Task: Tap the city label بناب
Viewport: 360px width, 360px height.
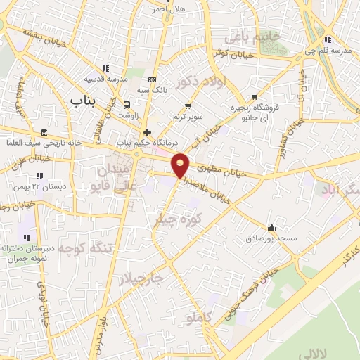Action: pos(82,102)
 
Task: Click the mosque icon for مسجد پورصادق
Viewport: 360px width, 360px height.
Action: pos(271,228)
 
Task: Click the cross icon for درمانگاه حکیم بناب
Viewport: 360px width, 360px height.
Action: pos(146,132)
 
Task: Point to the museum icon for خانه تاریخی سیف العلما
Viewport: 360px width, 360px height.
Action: pos(44,133)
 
